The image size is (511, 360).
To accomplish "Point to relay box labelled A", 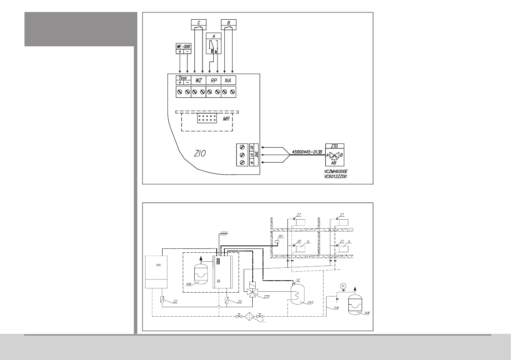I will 214,43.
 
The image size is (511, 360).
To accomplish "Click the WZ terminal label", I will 198,80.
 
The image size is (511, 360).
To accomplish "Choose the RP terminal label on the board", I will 213,80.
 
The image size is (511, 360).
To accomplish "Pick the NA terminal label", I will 228,80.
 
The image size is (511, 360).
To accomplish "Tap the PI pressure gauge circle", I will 342,286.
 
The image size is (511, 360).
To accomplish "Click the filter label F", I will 263,320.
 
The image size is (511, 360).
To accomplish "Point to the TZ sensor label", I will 298,280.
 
